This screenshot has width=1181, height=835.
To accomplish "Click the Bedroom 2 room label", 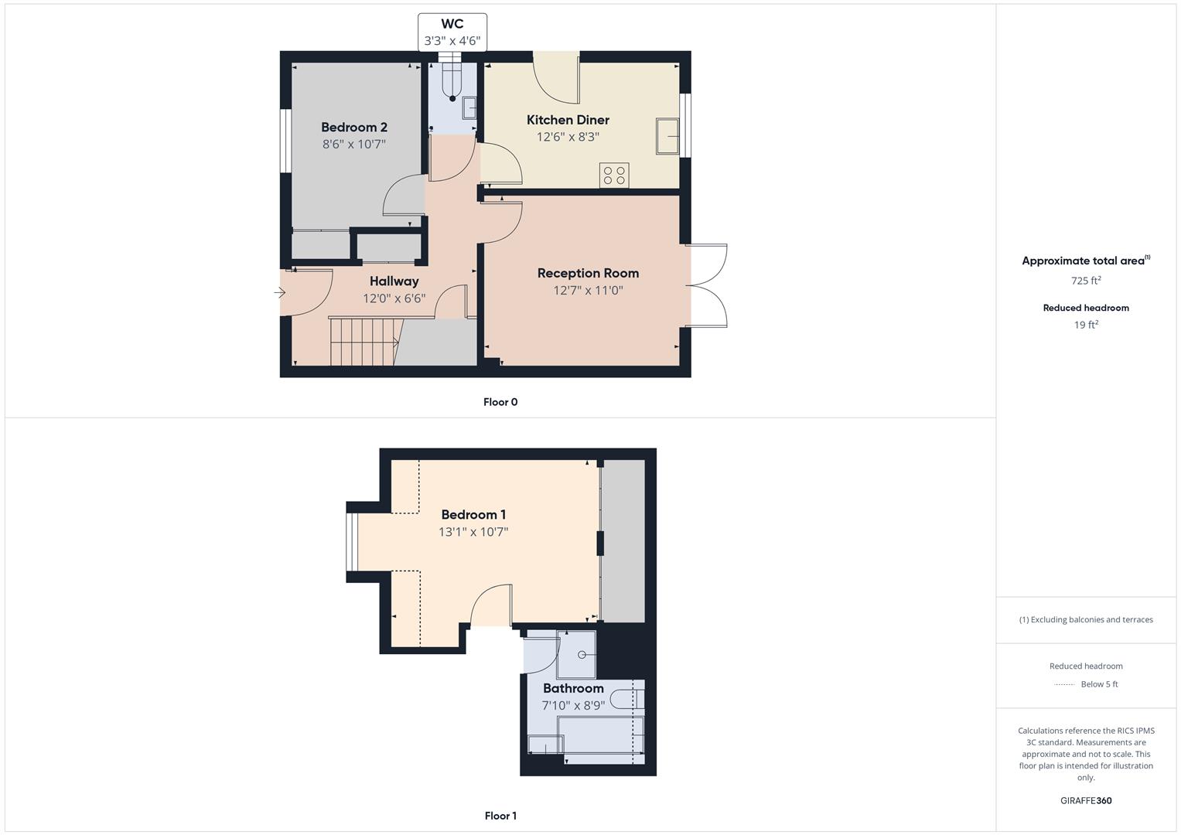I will coord(353,128).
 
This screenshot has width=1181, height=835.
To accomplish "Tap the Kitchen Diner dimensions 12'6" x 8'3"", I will coord(568,137).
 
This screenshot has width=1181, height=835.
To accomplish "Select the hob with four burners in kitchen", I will coord(614,175).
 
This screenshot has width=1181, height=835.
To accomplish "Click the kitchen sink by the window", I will coord(667,136).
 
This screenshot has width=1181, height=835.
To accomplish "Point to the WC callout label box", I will coord(452,32).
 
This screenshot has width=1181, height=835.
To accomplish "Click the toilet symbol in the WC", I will coord(452,81).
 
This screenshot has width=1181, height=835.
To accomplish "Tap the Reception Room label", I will coord(588,273).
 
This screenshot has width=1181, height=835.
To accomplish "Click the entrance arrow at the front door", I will coord(280,293).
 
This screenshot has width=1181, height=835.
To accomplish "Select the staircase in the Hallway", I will coord(362,341).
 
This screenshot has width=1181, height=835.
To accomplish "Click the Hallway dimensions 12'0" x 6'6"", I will coord(394,298).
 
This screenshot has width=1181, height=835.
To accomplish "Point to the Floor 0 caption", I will coord(500,402).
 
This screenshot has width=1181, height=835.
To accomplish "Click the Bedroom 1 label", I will coord(473,515).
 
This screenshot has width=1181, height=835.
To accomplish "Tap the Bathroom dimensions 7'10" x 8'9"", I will coord(573,705).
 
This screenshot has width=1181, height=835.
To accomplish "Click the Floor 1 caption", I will coord(500,816).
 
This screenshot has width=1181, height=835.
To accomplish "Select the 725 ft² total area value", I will coord(1085,281).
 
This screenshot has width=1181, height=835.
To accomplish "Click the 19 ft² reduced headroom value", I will coord(1085,325).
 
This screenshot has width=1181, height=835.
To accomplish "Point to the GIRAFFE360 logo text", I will coord(1085,800).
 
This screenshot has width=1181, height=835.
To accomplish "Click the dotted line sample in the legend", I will coord(1064,684).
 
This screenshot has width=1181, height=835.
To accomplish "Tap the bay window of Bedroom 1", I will coord(351,541).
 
